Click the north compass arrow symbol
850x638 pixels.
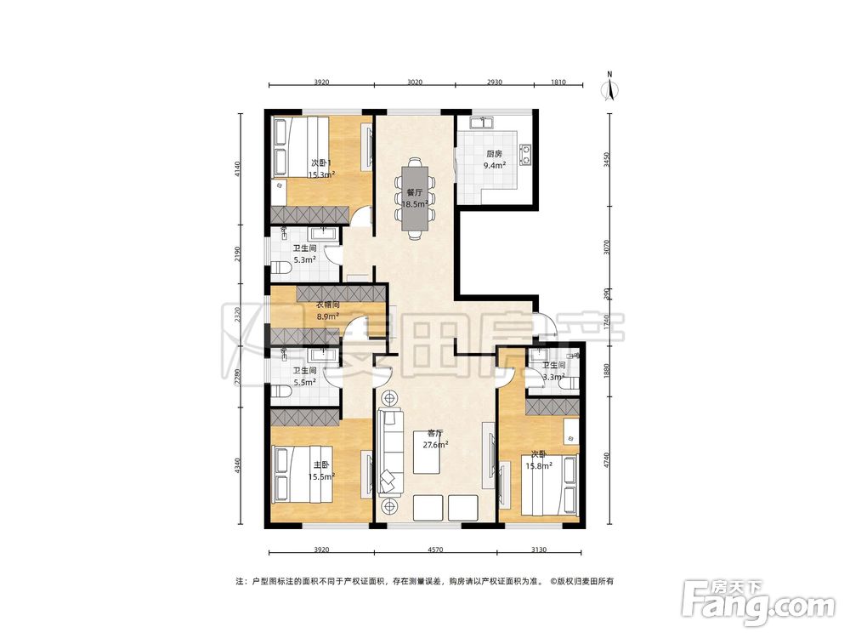pos(609,87)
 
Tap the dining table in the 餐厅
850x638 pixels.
pos(415,198)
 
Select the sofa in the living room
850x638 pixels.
pos(390,452)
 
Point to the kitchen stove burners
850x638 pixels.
pos(525,153)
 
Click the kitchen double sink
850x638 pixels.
pos(481,122)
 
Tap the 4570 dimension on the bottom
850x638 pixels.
pos(434,549)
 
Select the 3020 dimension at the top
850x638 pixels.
pos(415,83)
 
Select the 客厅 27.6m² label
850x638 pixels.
pos(435,439)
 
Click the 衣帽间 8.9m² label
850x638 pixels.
pos(328,310)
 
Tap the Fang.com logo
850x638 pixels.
pos(758,601)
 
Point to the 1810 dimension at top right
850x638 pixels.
pos(558,83)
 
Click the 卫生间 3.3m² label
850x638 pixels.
pos(553,371)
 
